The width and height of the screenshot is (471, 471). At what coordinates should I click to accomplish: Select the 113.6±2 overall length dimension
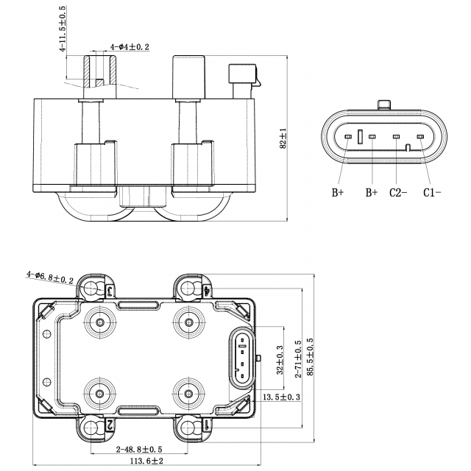coord(147,461)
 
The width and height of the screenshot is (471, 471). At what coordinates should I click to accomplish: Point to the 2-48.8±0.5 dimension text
coord(139,448)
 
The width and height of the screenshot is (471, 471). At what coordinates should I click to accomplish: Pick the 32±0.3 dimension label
coord(279,358)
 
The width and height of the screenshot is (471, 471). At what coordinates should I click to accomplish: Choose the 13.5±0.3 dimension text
coord(282,397)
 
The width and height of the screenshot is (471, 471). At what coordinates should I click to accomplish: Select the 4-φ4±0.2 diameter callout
coord(130,47)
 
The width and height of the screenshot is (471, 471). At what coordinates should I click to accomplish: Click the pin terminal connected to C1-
coord(420,137)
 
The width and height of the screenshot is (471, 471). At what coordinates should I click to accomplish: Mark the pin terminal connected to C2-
coord(396,137)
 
